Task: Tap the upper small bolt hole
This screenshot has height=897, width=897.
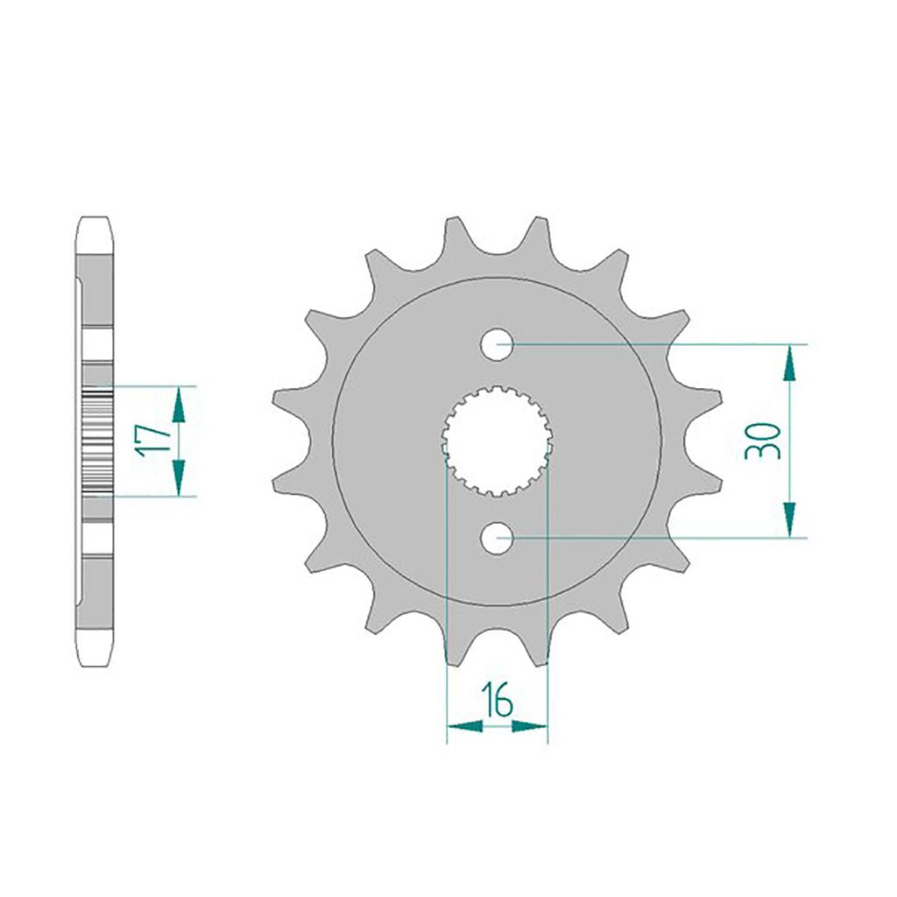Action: click(498, 344)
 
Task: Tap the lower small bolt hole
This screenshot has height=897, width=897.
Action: click(498, 538)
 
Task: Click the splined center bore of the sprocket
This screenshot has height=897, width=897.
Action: click(497, 441)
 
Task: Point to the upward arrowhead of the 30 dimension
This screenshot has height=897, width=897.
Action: click(789, 363)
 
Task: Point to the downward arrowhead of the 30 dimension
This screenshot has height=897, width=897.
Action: click(789, 519)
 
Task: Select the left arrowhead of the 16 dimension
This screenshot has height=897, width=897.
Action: click(464, 726)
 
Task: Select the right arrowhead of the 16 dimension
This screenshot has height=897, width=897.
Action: click(530, 726)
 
